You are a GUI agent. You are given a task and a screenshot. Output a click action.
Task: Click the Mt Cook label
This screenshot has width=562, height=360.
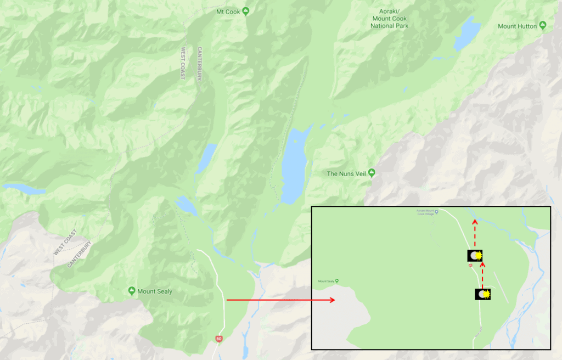[228, 12]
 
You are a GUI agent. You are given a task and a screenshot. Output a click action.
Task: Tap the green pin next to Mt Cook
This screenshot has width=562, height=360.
[246, 11]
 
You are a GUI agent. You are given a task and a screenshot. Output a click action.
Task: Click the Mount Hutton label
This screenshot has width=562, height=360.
[518, 26]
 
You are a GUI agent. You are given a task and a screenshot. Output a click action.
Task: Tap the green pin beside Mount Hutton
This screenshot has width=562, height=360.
[543, 25]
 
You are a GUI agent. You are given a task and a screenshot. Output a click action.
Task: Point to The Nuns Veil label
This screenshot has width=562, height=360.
[346, 173]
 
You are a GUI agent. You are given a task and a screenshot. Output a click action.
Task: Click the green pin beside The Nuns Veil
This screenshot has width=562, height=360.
[372, 173]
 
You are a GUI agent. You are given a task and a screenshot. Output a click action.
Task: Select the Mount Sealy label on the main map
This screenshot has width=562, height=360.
[154, 291]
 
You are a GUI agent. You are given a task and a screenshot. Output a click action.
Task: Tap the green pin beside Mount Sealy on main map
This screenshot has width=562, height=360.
[132, 290]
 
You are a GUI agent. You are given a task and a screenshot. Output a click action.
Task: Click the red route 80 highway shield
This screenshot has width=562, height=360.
[219, 339]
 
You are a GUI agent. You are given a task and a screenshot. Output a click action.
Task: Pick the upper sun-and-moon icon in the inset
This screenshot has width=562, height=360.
[475, 255]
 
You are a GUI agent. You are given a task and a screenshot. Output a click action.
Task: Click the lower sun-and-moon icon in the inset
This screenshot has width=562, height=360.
[482, 294]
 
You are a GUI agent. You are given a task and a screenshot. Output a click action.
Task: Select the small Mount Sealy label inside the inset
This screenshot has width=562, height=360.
[327, 281]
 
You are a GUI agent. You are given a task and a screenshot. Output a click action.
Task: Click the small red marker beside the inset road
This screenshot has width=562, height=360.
[470, 266]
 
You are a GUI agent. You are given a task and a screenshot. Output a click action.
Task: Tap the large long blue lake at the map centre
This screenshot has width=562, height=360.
[293, 165]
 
